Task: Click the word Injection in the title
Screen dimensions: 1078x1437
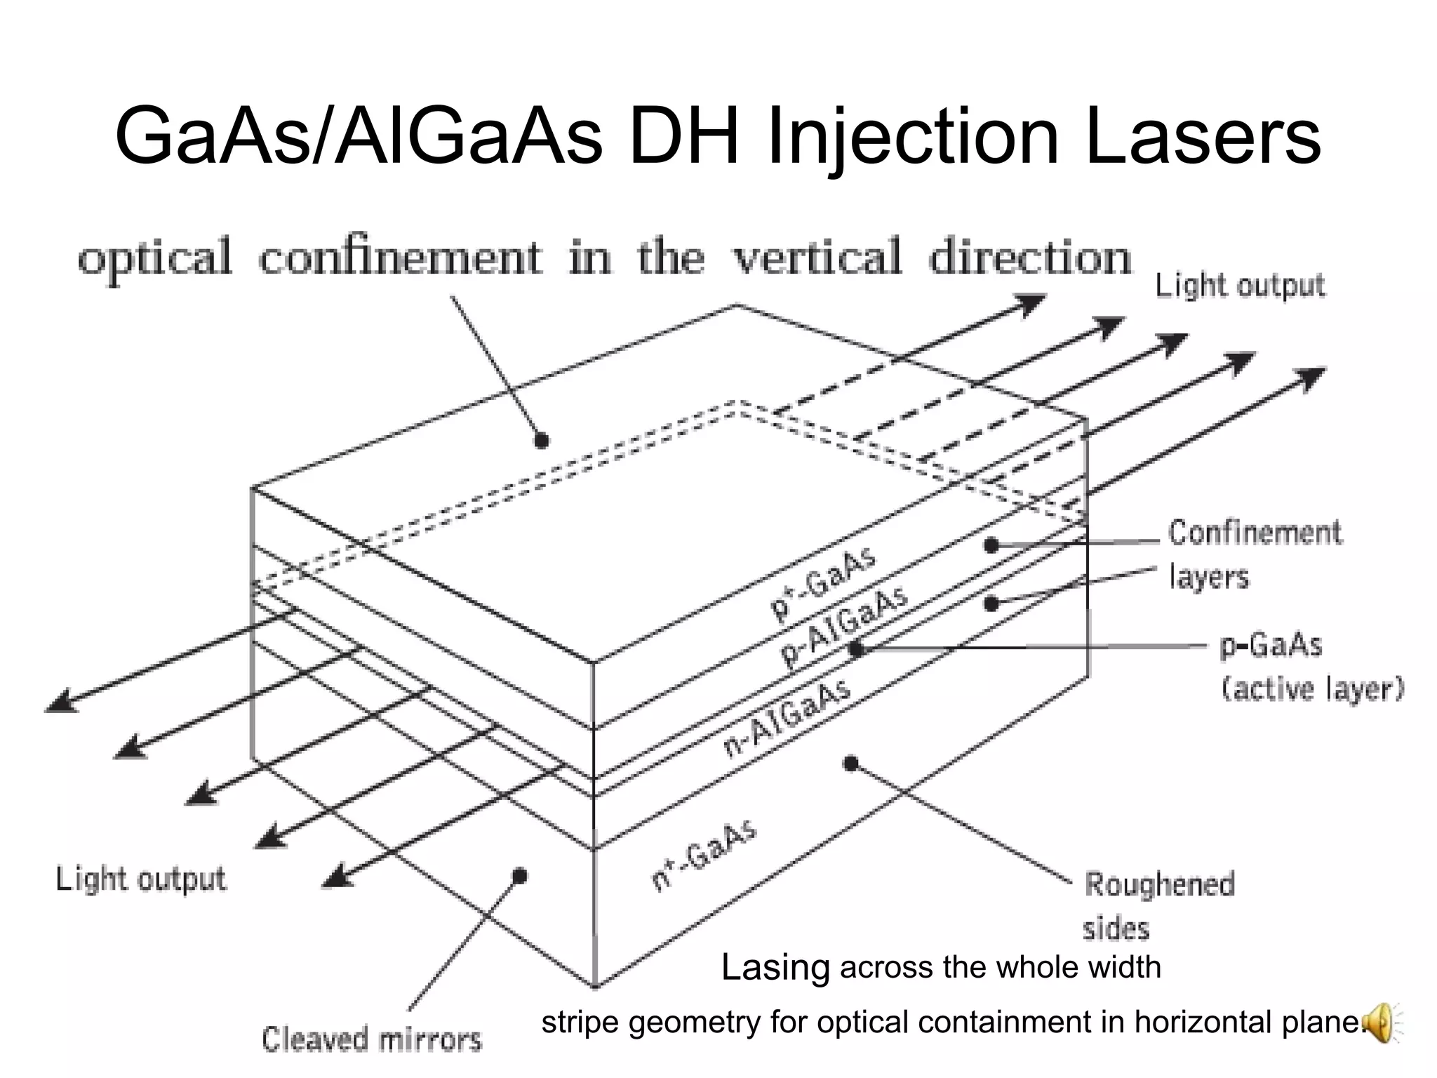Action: (913, 137)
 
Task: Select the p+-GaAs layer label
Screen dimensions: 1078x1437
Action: (824, 584)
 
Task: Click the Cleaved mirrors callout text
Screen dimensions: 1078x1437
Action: (372, 1039)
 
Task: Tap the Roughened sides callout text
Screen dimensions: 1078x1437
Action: (1158, 906)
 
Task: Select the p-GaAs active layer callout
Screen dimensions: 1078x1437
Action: (1311, 667)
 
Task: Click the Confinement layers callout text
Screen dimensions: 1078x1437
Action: (1254, 554)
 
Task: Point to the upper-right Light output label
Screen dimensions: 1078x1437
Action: (1240, 286)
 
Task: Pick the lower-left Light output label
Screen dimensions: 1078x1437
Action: (140, 879)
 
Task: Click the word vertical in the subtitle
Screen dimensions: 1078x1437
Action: (817, 258)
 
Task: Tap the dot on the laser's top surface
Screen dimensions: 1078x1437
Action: (541, 441)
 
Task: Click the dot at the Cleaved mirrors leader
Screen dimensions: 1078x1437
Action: (520, 876)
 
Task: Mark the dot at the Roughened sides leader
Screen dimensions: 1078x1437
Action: (850, 763)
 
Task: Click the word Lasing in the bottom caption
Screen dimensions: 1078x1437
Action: (775, 968)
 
